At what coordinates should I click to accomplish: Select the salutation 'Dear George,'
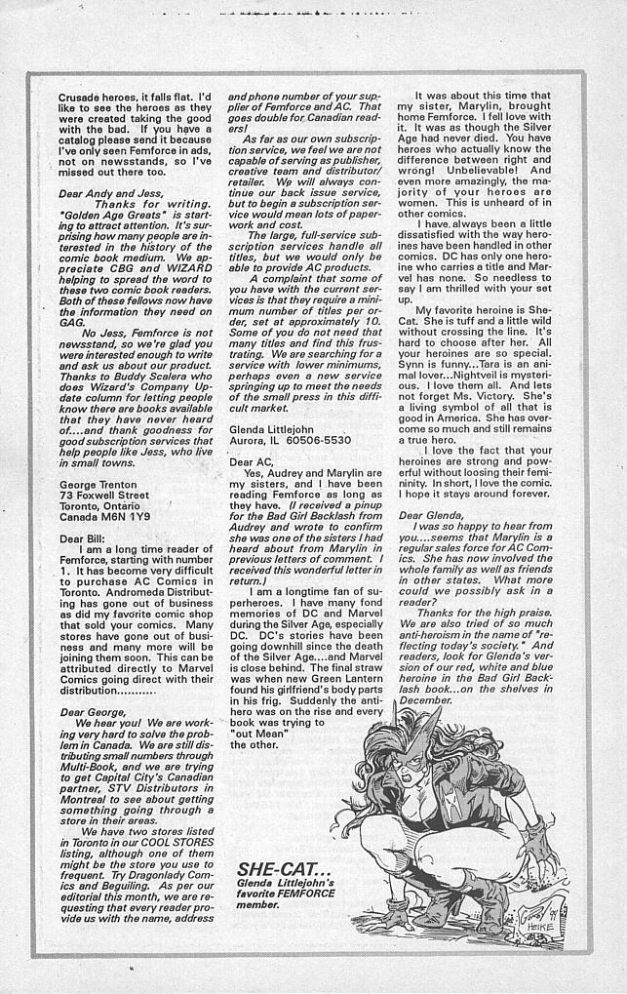[94, 712]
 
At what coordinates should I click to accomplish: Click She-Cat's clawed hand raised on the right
[537, 845]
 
